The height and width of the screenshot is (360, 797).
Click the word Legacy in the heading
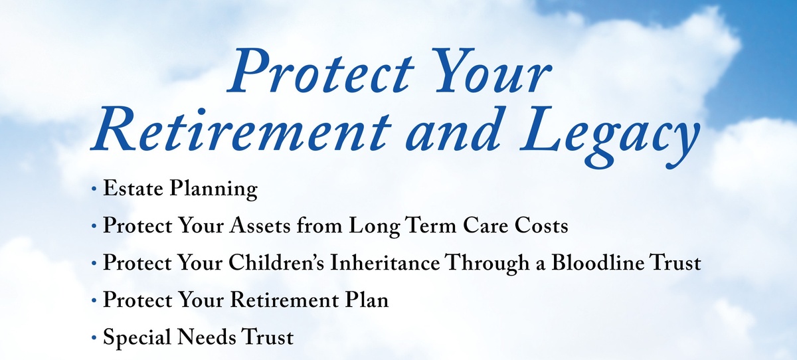tap(609, 137)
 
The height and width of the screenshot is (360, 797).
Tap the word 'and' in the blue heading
tap(451, 130)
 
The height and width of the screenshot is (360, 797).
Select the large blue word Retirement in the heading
tap(241, 130)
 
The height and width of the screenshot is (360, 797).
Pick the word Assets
tap(260, 226)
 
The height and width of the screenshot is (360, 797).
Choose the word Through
tap(487, 264)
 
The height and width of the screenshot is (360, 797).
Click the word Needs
tap(207, 337)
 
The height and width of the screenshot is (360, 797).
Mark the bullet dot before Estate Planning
tap(94, 189)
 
